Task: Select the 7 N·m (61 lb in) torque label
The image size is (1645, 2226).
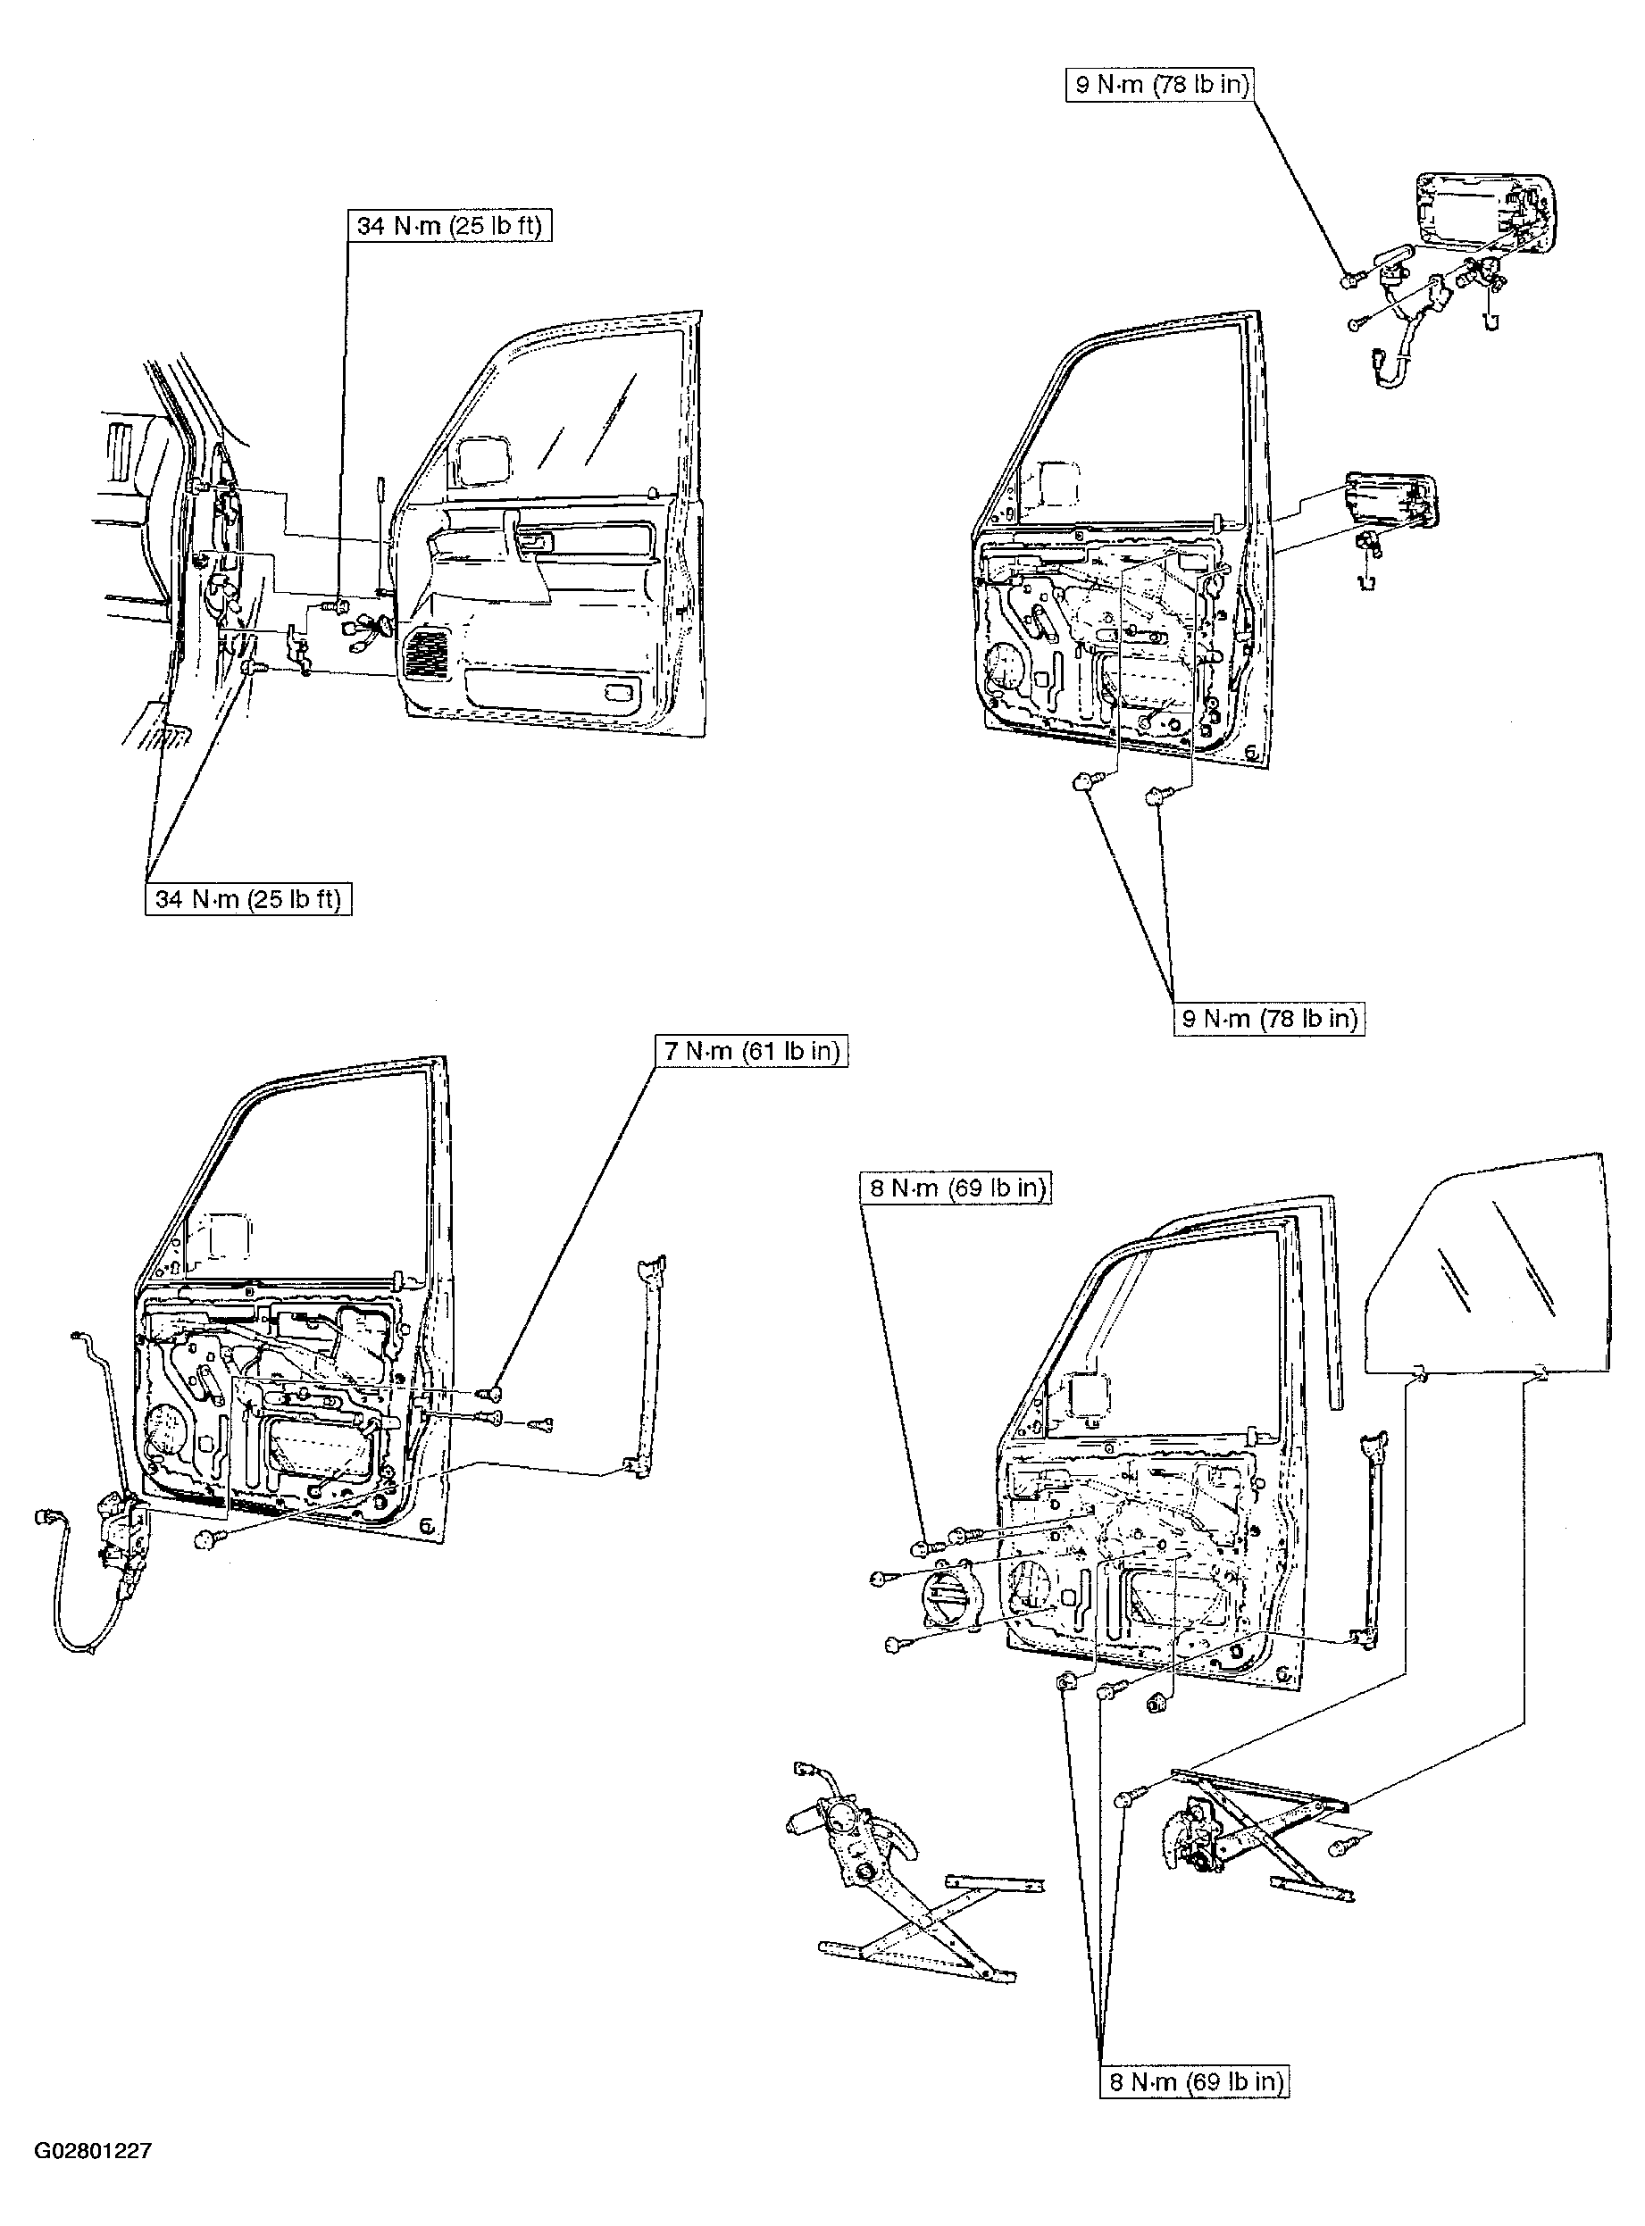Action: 752,1051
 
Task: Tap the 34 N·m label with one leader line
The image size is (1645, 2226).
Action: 449,226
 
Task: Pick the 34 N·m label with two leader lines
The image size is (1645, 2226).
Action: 248,899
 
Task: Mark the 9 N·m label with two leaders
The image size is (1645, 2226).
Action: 1269,1019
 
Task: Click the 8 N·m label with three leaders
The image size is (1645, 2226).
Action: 1194,2081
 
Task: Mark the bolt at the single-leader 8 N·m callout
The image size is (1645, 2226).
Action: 923,1547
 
